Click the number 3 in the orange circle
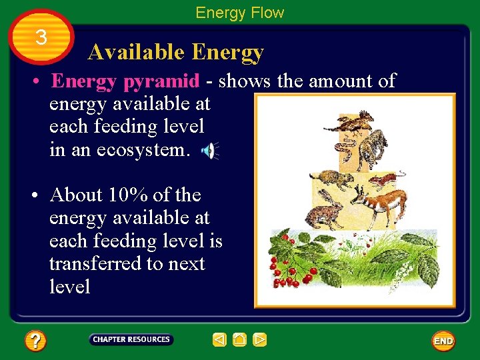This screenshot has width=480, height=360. tap(41, 38)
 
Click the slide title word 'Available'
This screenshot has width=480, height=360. tap(136, 52)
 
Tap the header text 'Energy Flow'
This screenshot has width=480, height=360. tap(239, 13)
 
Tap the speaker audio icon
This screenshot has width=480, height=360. tap(209, 151)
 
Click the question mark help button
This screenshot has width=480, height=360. tap(35, 341)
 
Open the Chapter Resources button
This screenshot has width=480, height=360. tap(131, 340)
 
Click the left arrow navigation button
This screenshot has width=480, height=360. tap(219, 340)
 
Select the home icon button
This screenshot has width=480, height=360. tap(239, 340)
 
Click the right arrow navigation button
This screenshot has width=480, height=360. tap(260, 340)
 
